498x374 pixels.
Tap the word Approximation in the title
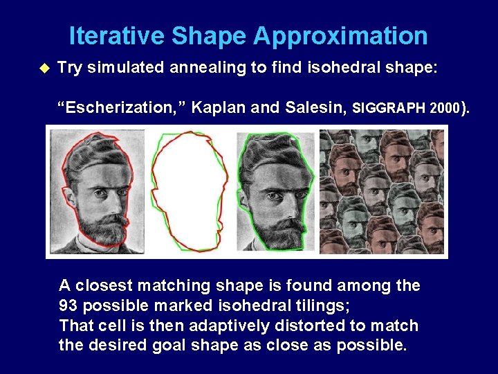point(341,36)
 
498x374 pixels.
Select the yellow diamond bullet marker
point(46,68)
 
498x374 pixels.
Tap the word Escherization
point(122,107)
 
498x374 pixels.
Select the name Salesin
point(308,107)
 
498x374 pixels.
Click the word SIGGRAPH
point(388,108)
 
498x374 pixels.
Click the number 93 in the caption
point(69,305)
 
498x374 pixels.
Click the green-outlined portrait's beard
point(280,229)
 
